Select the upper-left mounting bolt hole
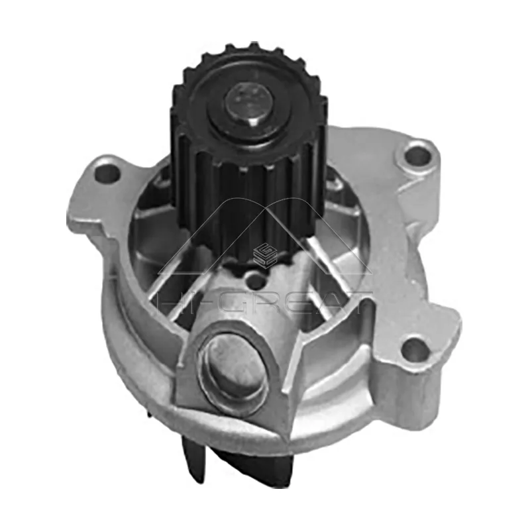pos(106,174)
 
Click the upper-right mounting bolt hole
pos(417,156)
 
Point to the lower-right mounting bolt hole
pos(416,350)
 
